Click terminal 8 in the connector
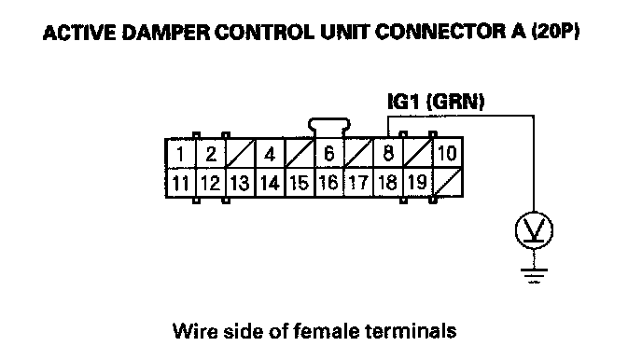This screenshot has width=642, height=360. point(388,153)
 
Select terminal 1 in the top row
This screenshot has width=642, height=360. point(181,153)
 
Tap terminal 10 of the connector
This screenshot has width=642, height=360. point(448,153)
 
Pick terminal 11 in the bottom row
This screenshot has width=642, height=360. point(181,183)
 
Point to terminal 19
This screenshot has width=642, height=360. point(418,183)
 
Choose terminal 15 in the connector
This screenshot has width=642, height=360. point(300,183)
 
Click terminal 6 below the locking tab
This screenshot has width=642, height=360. point(328,153)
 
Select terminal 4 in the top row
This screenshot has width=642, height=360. point(270,153)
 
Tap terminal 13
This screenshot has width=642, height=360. point(240,183)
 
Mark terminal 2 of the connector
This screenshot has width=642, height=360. point(211,153)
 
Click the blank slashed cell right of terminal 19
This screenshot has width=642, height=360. point(448,183)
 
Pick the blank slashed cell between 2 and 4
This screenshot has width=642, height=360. point(240,153)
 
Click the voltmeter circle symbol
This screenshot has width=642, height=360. point(534,230)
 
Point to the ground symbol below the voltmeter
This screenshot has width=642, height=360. point(534,276)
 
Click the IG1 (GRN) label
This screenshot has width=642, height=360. point(436,102)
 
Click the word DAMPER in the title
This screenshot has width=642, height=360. point(165,33)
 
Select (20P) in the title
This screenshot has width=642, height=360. point(555,32)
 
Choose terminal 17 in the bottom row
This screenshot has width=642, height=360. point(358,183)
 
